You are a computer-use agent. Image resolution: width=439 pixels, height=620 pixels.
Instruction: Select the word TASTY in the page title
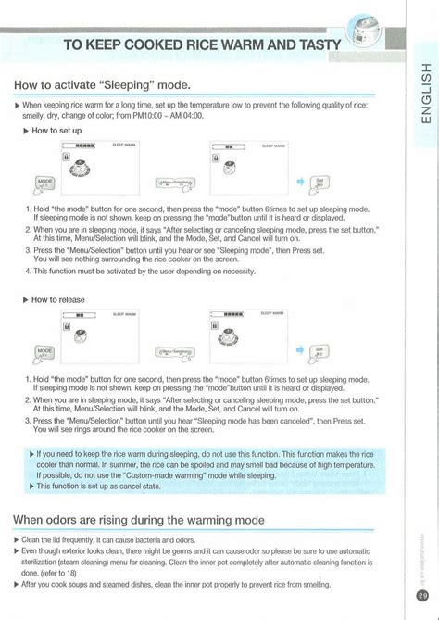pyautogui.click(x=316, y=46)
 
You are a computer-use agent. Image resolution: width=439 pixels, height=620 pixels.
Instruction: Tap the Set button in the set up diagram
pyautogui.click(x=345, y=183)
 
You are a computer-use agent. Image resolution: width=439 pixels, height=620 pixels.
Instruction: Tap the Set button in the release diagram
pyautogui.click(x=345, y=352)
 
